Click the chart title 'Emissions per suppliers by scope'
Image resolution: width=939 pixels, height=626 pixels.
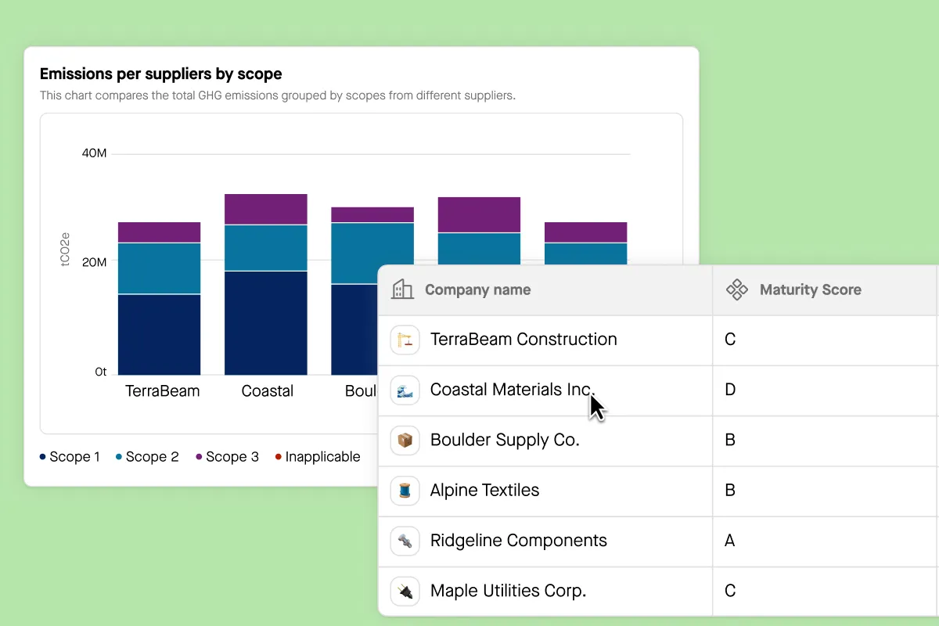point(160,74)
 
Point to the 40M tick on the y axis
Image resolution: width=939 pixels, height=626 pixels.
point(94,153)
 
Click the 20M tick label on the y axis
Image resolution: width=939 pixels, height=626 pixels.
point(94,262)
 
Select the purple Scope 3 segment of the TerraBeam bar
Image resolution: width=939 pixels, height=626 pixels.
point(159,232)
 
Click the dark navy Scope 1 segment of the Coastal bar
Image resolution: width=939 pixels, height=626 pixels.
point(265,322)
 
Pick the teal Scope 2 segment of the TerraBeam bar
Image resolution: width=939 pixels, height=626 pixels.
point(159,268)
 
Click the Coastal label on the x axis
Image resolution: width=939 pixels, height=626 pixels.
point(267,391)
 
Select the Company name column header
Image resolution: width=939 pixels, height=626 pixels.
point(477,290)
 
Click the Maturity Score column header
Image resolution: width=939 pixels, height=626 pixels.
point(810,290)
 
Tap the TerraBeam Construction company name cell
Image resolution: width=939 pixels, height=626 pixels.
point(523,340)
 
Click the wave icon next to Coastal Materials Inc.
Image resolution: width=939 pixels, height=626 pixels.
point(405,390)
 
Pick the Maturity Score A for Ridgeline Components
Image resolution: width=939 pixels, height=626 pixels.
point(729,541)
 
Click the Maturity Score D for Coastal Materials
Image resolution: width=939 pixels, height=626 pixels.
point(730,390)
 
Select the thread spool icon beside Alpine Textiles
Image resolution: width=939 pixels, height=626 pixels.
point(405,491)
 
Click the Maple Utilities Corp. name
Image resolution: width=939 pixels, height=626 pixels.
point(508,591)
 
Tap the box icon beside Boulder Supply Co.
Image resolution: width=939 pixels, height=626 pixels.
point(405,440)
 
